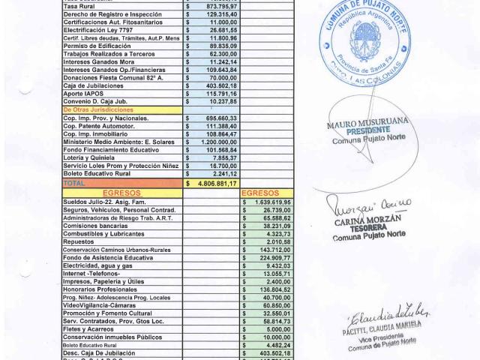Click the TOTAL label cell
coord(75,182)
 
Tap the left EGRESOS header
coord(121,192)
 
